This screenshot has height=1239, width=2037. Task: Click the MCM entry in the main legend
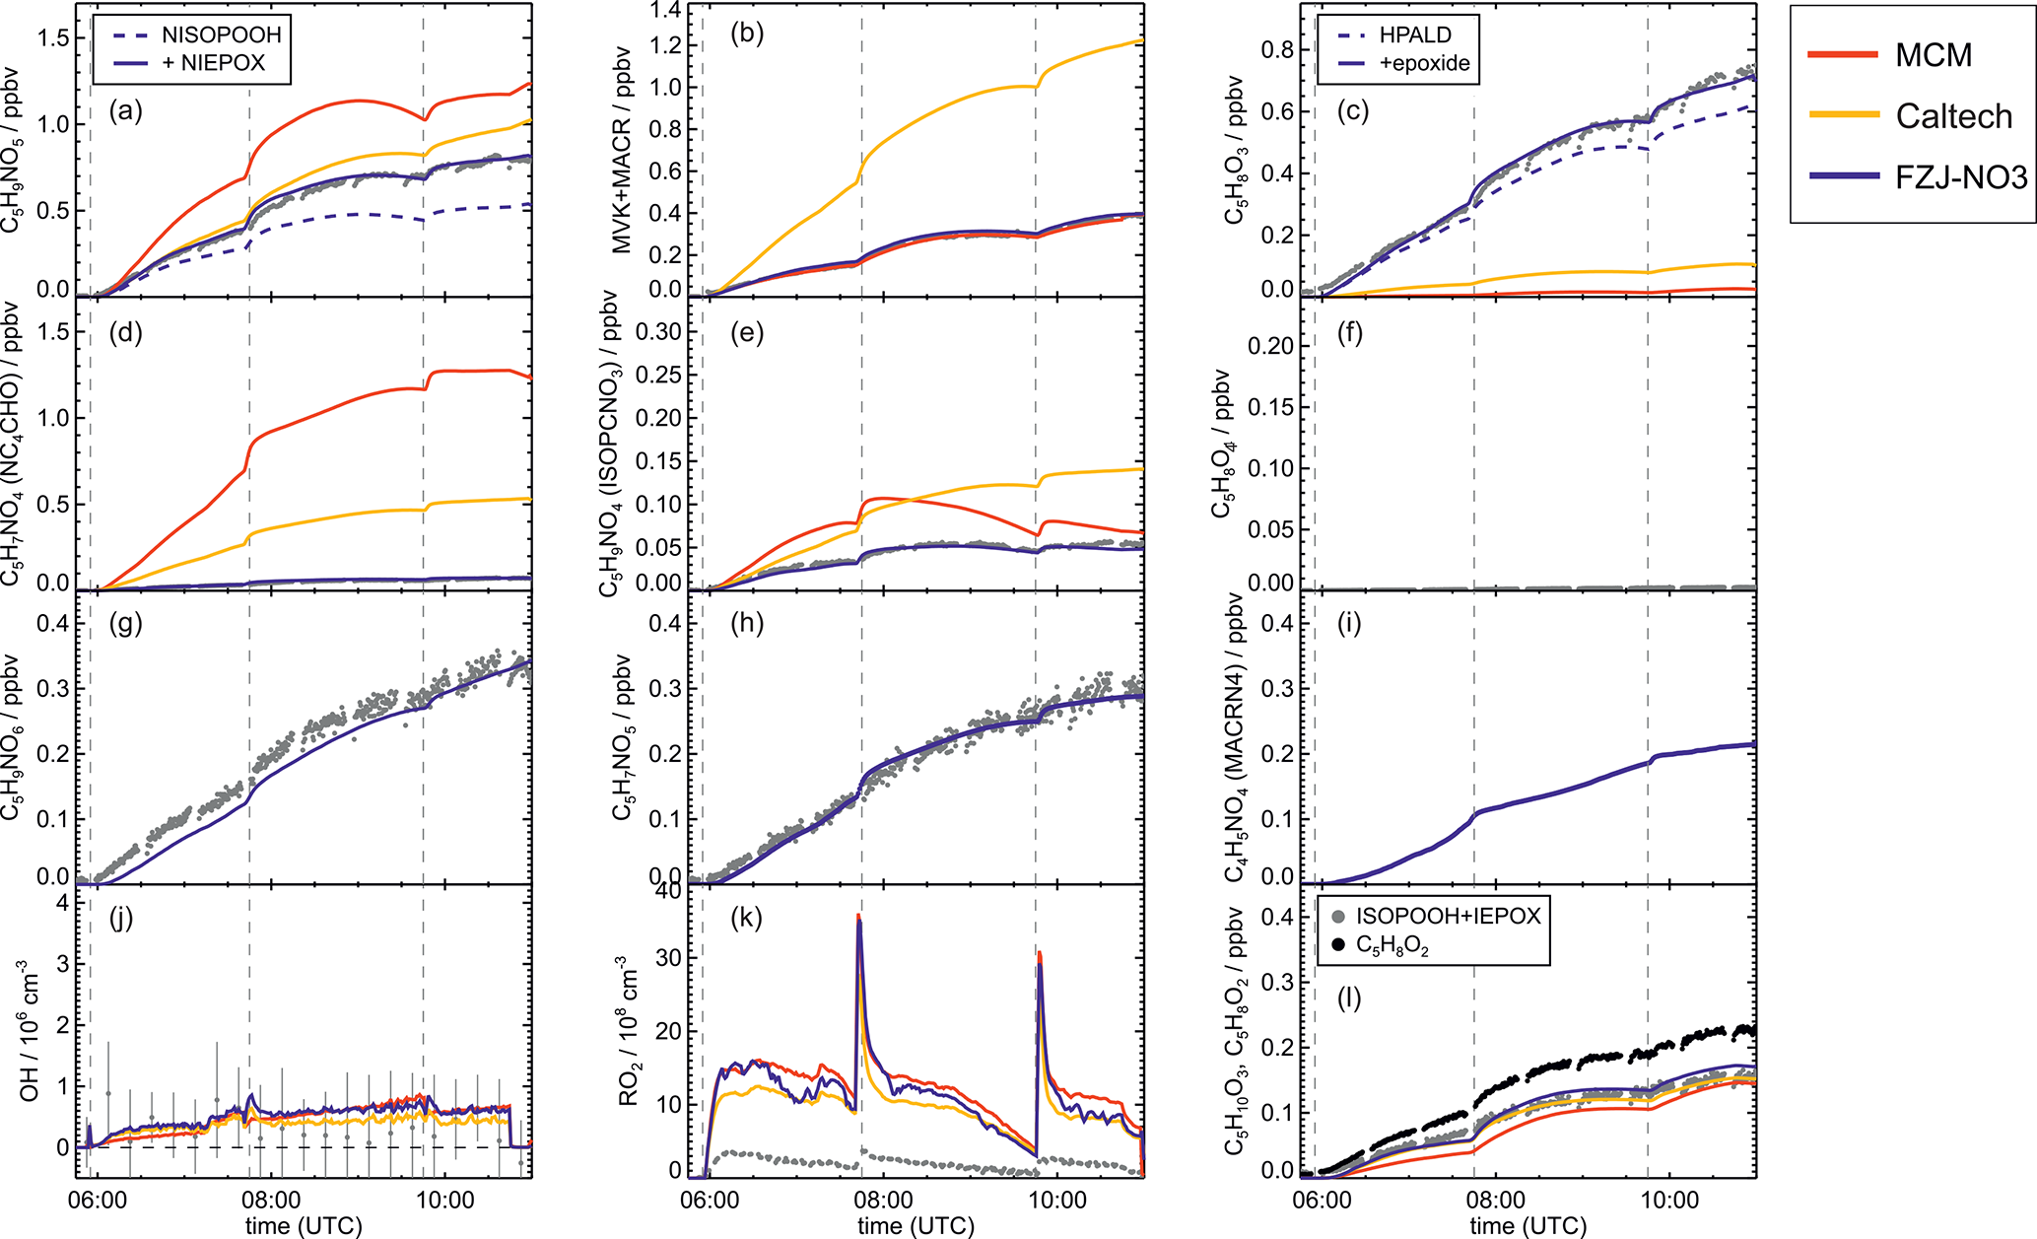[x=1934, y=55]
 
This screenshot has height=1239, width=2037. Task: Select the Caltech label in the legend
[x=1953, y=116]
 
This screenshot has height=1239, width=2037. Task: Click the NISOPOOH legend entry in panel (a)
[x=221, y=34]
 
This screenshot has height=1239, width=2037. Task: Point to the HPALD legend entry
[x=1415, y=34]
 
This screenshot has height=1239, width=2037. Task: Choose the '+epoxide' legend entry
[x=1424, y=64]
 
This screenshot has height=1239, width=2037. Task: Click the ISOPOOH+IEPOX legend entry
[x=1447, y=917]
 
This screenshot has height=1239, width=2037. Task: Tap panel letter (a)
[x=126, y=111]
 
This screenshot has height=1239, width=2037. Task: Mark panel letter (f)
[x=1349, y=333]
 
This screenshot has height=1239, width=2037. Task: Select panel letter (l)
[x=1349, y=998]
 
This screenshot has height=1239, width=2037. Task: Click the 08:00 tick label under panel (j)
[x=272, y=1201]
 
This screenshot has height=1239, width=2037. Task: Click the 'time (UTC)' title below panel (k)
[x=916, y=1225]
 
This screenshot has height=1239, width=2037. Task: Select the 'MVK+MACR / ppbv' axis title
[x=622, y=150]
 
